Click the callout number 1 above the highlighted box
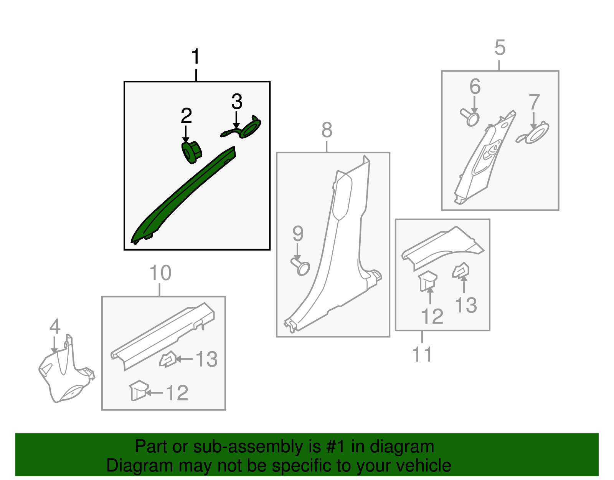tap(196, 57)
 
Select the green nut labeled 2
tap(191, 152)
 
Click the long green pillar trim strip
tap(180, 196)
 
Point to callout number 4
tap(55, 327)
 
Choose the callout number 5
tap(500, 48)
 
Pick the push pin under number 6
tap(470, 117)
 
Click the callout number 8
tap(327, 130)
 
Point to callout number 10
tap(160, 273)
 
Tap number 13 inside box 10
tap(206, 360)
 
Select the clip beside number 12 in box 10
tap(139, 390)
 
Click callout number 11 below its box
tap(422, 354)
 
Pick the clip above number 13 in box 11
tap(461, 271)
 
